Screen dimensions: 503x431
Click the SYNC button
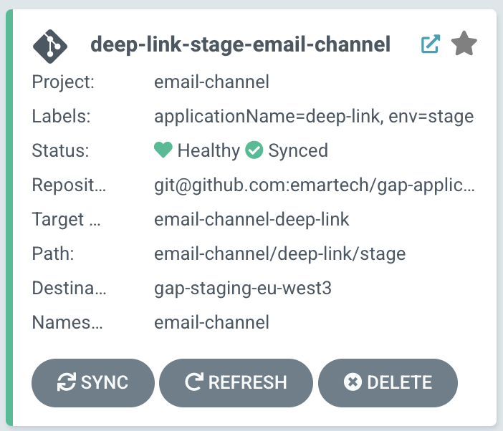[x=92, y=382]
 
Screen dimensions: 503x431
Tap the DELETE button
[x=388, y=382]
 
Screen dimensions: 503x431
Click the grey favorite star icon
[x=464, y=44]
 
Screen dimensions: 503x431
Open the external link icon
[x=430, y=44]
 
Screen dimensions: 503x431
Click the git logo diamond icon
[x=50, y=47]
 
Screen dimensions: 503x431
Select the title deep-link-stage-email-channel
[x=240, y=44]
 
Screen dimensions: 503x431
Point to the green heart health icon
[x=163, y=150]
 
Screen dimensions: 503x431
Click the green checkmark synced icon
[x=254, y=150]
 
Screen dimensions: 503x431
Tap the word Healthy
[x=209, y=150]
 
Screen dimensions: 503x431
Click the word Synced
[x=298, y=150]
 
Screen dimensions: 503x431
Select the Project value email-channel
[x=211, y=82]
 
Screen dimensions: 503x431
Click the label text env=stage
[x=431, y=116]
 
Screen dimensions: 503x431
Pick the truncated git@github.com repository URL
[x=315, y=185]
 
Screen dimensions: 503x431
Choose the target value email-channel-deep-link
[x=251, y=220]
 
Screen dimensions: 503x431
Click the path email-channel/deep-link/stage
[x=279, y=253]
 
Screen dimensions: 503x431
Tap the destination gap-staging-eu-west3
[x=243, y=288]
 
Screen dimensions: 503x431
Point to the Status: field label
[x=60, y=150]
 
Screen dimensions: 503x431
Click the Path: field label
[x=53, y=253]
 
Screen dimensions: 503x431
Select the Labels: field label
[x=61, y=116]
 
